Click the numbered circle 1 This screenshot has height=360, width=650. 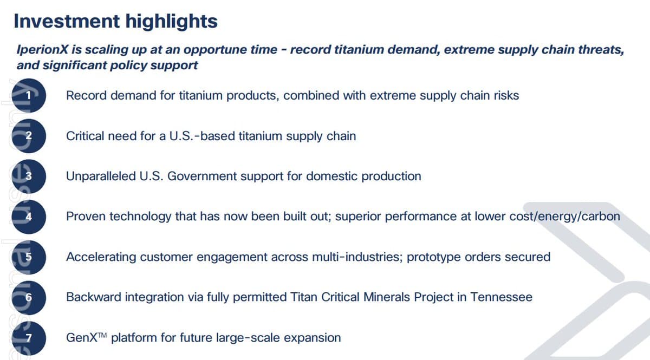click(28, 96)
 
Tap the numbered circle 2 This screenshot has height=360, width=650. click(28, 136)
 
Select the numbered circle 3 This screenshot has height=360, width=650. click(28, 176)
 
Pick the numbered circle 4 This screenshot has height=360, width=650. click(28, 217)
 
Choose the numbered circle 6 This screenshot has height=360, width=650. click(28, 297)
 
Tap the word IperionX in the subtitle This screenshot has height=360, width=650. click(41, 50)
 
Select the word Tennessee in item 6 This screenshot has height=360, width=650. click(501, 297)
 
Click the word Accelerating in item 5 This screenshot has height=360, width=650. click(101, 257)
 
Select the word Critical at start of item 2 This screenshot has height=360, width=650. click(84, 136)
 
